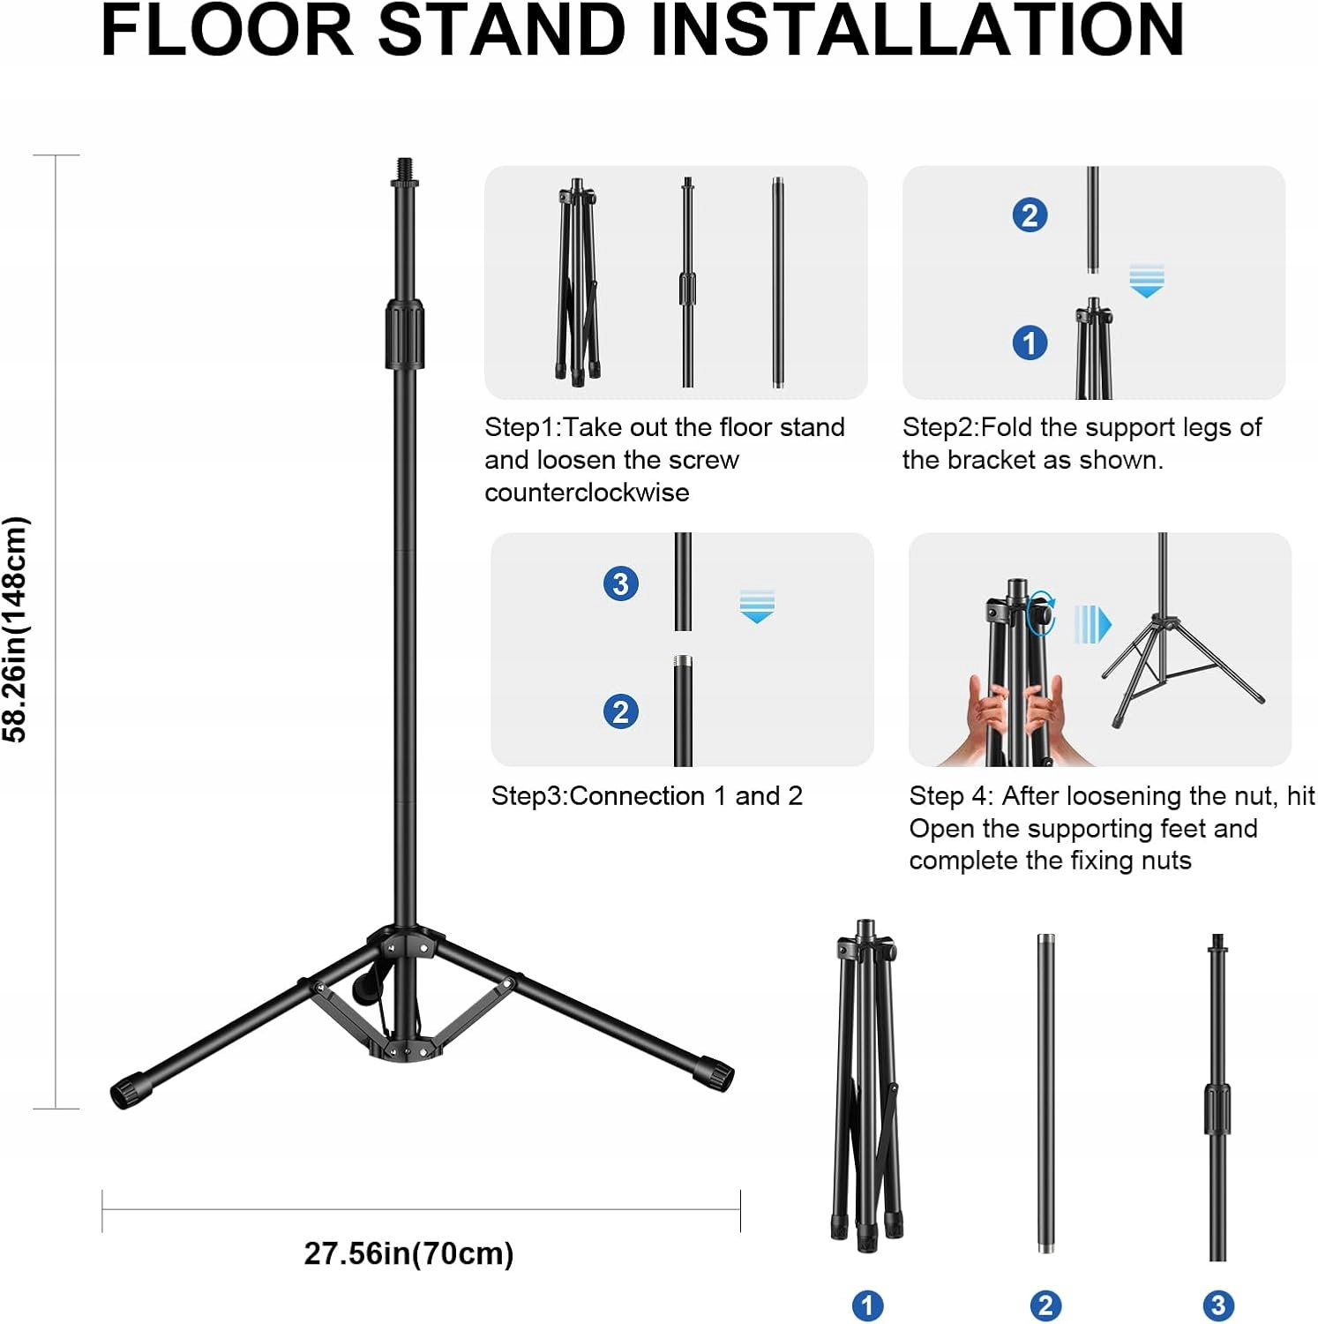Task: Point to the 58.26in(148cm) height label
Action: point(16,629)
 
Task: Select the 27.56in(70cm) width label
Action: point(408,1253)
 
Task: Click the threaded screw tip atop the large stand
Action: point(405,168)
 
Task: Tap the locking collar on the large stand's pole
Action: point(405,334)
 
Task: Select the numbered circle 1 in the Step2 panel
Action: point(1030,342)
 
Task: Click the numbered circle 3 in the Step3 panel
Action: point(621,583)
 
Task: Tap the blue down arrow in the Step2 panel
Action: point(1147,281)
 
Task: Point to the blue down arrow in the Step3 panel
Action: point(757,606)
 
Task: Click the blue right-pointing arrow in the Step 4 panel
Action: point(1093,625)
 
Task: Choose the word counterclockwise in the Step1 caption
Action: point(587,493)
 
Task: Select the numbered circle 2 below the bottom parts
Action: point(1045,1305)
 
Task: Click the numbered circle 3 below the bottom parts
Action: point(1218,1305)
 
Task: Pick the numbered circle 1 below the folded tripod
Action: point(867,1305)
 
